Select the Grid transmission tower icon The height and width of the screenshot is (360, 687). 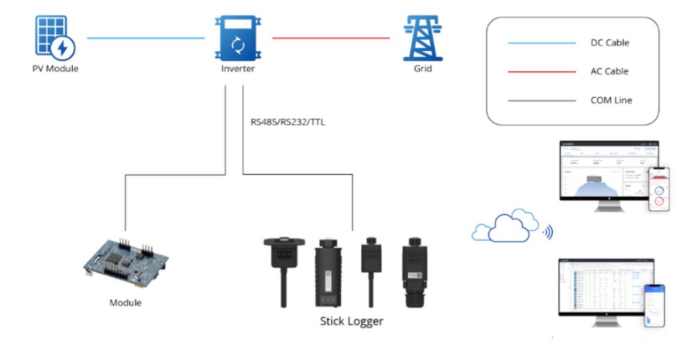421,38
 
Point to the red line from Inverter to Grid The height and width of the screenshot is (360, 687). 330,38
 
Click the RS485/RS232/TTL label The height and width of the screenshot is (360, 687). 288,121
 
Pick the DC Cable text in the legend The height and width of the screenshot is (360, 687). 609,43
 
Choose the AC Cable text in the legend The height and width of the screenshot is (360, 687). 609,72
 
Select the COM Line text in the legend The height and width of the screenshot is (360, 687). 611,100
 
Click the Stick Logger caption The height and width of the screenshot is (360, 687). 352,320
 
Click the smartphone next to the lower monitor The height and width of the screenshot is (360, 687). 654,306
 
